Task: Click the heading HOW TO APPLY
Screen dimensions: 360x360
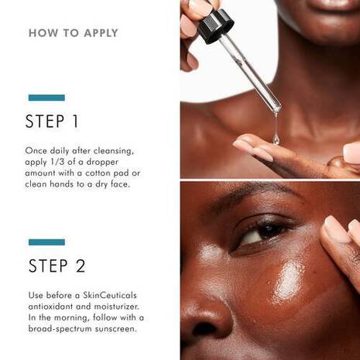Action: coord(73,33)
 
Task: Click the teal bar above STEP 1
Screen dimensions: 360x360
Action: coord(46,98)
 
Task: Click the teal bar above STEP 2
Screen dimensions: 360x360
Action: coord(46,242)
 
